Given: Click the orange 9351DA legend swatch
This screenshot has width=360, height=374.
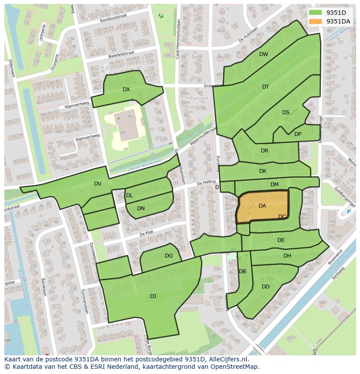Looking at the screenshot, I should pyautogui.click(x=316, y=21).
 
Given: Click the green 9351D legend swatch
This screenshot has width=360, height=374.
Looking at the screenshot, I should pyautogui.click(x=316, y=13).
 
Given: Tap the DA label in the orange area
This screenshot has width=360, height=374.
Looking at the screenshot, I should pyautogui.click(x=262, y=206).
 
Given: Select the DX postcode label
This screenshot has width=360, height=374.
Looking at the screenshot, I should pyautogui.click(x=126, y=89).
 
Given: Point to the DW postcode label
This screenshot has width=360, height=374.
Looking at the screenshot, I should pyautogui.click(x=263, y=54).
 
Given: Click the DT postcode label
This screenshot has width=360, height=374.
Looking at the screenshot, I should pyautogui.click(x=266, y=87).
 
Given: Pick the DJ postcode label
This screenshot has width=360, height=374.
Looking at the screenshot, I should pyautogui.click(x=153, y=296).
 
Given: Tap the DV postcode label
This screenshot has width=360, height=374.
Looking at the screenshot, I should pyautogui.click(x=97, y=184).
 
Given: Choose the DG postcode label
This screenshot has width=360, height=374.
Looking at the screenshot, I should pyautogui.click(x=169, y=256).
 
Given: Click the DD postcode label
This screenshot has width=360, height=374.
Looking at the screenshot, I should pyautogui.click(x=266, y=287).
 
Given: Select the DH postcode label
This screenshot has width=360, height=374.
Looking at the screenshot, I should pyautogui.click(x=287, y=256).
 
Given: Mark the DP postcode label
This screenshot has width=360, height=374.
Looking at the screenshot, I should pyautogui.click(x=298, y=134).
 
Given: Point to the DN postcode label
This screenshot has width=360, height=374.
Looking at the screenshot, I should pyautogui.click(x=141, y=209).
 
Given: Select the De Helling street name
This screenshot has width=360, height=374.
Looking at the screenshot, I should pyautogui.click(x=206, y=183).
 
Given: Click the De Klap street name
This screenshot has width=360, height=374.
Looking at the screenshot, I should pyautogui.click(x=147, y=234).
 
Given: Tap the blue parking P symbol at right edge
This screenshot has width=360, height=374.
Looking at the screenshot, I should pyautogui.click(x=348, y=212).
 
